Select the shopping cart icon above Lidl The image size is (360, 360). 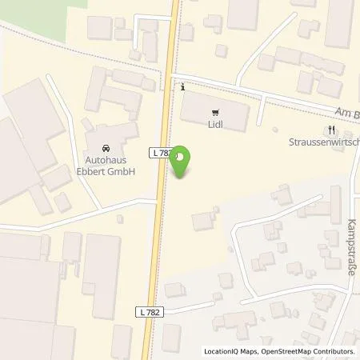pos(214,113)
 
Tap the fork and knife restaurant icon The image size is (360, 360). pos(331,130)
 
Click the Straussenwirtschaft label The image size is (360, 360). pos(323,142)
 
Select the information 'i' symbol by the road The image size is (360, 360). pos(184,86)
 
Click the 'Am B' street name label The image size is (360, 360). pos(348,114)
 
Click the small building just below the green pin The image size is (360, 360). pos(203,221)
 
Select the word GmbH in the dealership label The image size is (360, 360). pos(121,171)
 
